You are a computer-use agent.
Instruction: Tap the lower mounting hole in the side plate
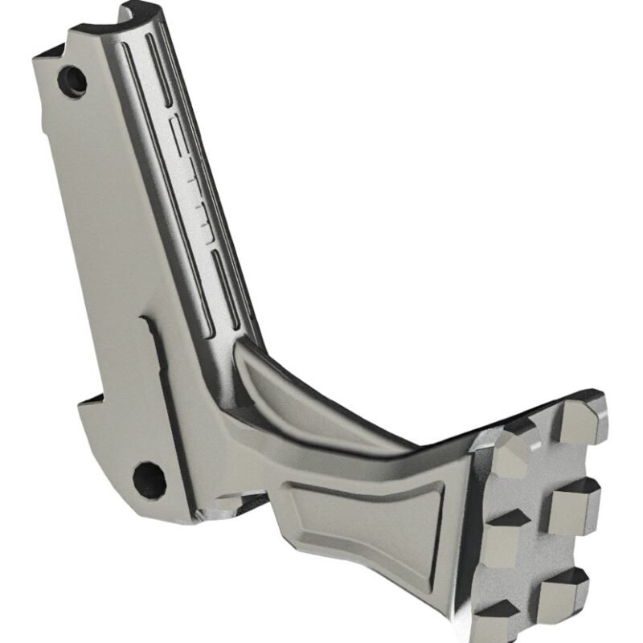click(149, 479)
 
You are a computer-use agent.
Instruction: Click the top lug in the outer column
click(580, 422)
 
